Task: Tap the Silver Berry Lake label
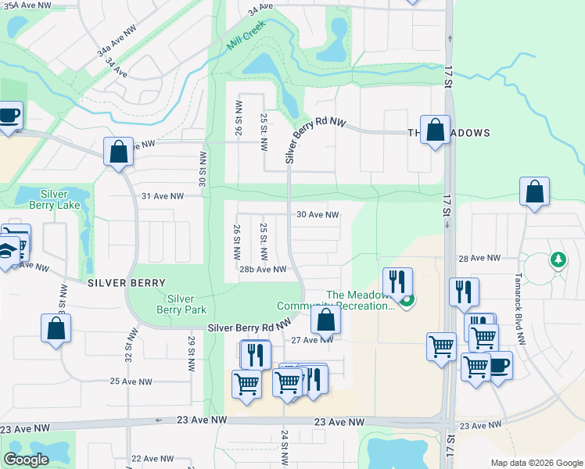pos(53,199)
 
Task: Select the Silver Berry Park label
pos(181,304)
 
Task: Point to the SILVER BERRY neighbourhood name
pos(126,282)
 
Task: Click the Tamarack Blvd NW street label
pos(518,295)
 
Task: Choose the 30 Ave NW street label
pos(317,214)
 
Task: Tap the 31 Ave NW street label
pos(162,196)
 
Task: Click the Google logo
pos(26,460)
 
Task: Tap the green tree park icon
pos(558,259)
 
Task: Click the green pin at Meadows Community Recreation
pos(406,299)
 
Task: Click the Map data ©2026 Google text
pos(536,463)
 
